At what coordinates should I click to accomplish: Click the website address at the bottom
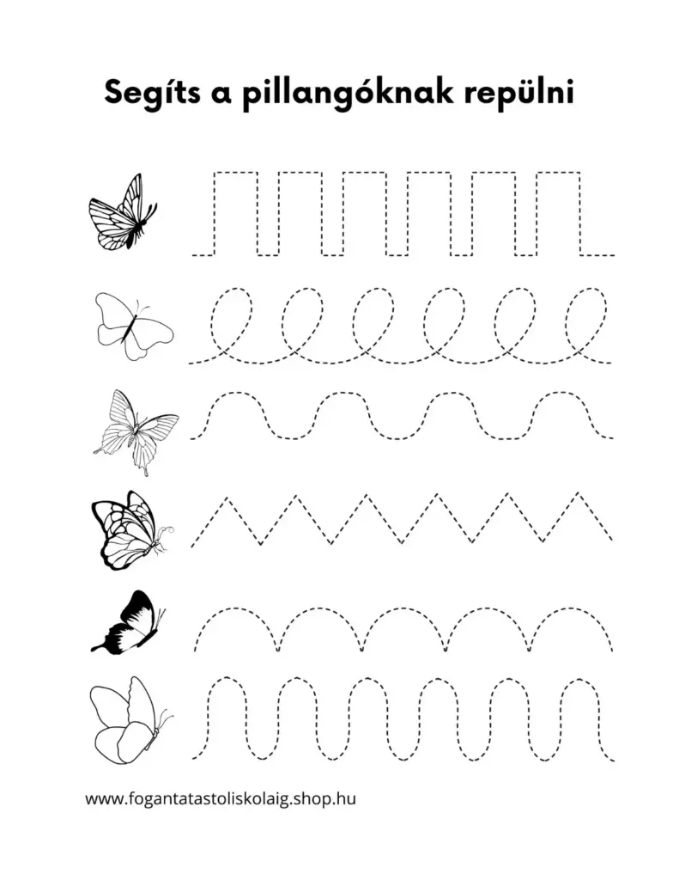point(221,798)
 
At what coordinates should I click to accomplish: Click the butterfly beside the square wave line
point(123,212)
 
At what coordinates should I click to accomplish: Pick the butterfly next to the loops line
point(134,326)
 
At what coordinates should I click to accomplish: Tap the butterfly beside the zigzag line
point(131,530)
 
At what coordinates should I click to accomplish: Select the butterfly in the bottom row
point(130,720)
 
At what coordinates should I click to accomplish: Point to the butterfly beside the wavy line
point(136,431)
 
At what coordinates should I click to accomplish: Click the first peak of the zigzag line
point(227,498)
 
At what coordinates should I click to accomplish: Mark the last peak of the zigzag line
point(578,494)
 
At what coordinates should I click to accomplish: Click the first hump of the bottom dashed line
point(227,678)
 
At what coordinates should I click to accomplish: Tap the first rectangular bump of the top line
point(235,172)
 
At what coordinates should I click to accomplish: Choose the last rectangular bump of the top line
point(559,172)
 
